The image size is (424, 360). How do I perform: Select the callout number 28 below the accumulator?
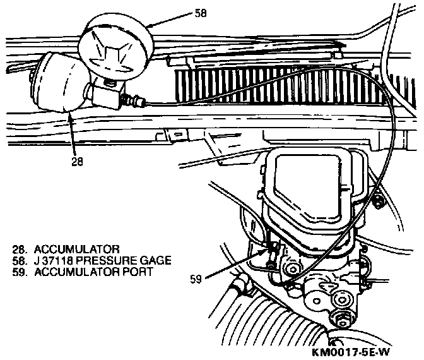click(76, 161)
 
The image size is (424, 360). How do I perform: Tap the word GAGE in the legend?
click(154, 260)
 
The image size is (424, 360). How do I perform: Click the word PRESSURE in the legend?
click(112, 260)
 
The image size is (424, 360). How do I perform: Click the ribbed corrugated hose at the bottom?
click(271, 328)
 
